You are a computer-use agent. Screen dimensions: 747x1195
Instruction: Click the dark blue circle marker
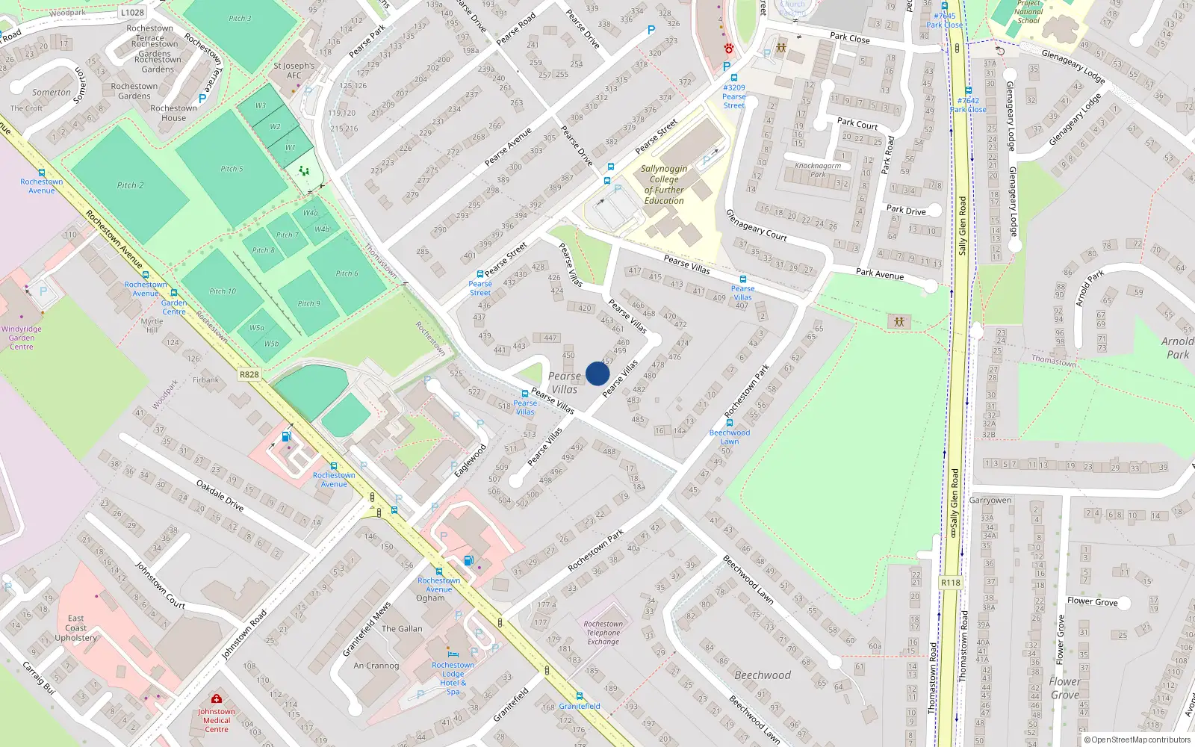(x=597, y=373)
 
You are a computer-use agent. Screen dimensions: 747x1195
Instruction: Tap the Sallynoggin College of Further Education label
(x=664, y=185)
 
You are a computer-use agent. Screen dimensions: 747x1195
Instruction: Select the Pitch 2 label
(x=130, y=185)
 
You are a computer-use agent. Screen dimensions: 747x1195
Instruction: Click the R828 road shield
(x=249, y=374)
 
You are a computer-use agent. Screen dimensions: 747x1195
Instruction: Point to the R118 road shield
(x=950, y=583)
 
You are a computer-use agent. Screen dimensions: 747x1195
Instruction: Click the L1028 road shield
(x=132, y=12)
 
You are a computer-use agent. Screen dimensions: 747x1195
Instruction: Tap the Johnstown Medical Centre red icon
(x=216, y=699)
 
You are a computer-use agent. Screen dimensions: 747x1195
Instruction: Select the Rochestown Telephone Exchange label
(x=603, y=633)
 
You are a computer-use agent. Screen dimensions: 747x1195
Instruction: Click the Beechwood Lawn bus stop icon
(x=730, y=423)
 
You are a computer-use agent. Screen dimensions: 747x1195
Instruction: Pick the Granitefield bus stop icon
(x=579, y=696)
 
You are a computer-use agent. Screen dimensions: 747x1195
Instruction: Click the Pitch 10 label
(x=223, y=291)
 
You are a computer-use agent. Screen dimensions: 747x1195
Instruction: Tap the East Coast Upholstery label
(x=76, y=628)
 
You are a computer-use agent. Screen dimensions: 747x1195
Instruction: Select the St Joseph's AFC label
(x=294, y=70)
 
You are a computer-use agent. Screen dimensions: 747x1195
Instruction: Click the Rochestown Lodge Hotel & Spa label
(x=453, y=678)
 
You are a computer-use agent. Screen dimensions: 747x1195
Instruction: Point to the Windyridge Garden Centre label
(x=22, y=338)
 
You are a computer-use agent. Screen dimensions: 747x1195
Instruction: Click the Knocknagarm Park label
(x=818, y=170)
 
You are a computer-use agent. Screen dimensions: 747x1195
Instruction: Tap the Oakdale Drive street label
(x=220, y=495)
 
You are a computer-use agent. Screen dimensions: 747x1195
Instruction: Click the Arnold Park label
(x=1177, y=347)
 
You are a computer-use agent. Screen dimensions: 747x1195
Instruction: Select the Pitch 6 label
(x=347, y=273)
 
